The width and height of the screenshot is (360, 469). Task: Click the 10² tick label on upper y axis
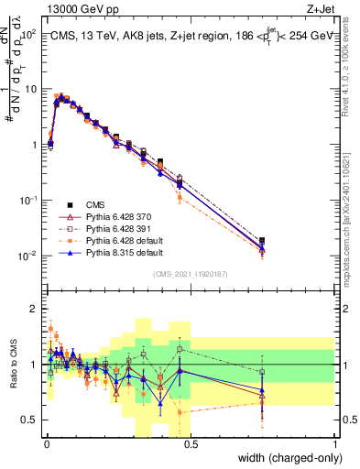tap(30, 34)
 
